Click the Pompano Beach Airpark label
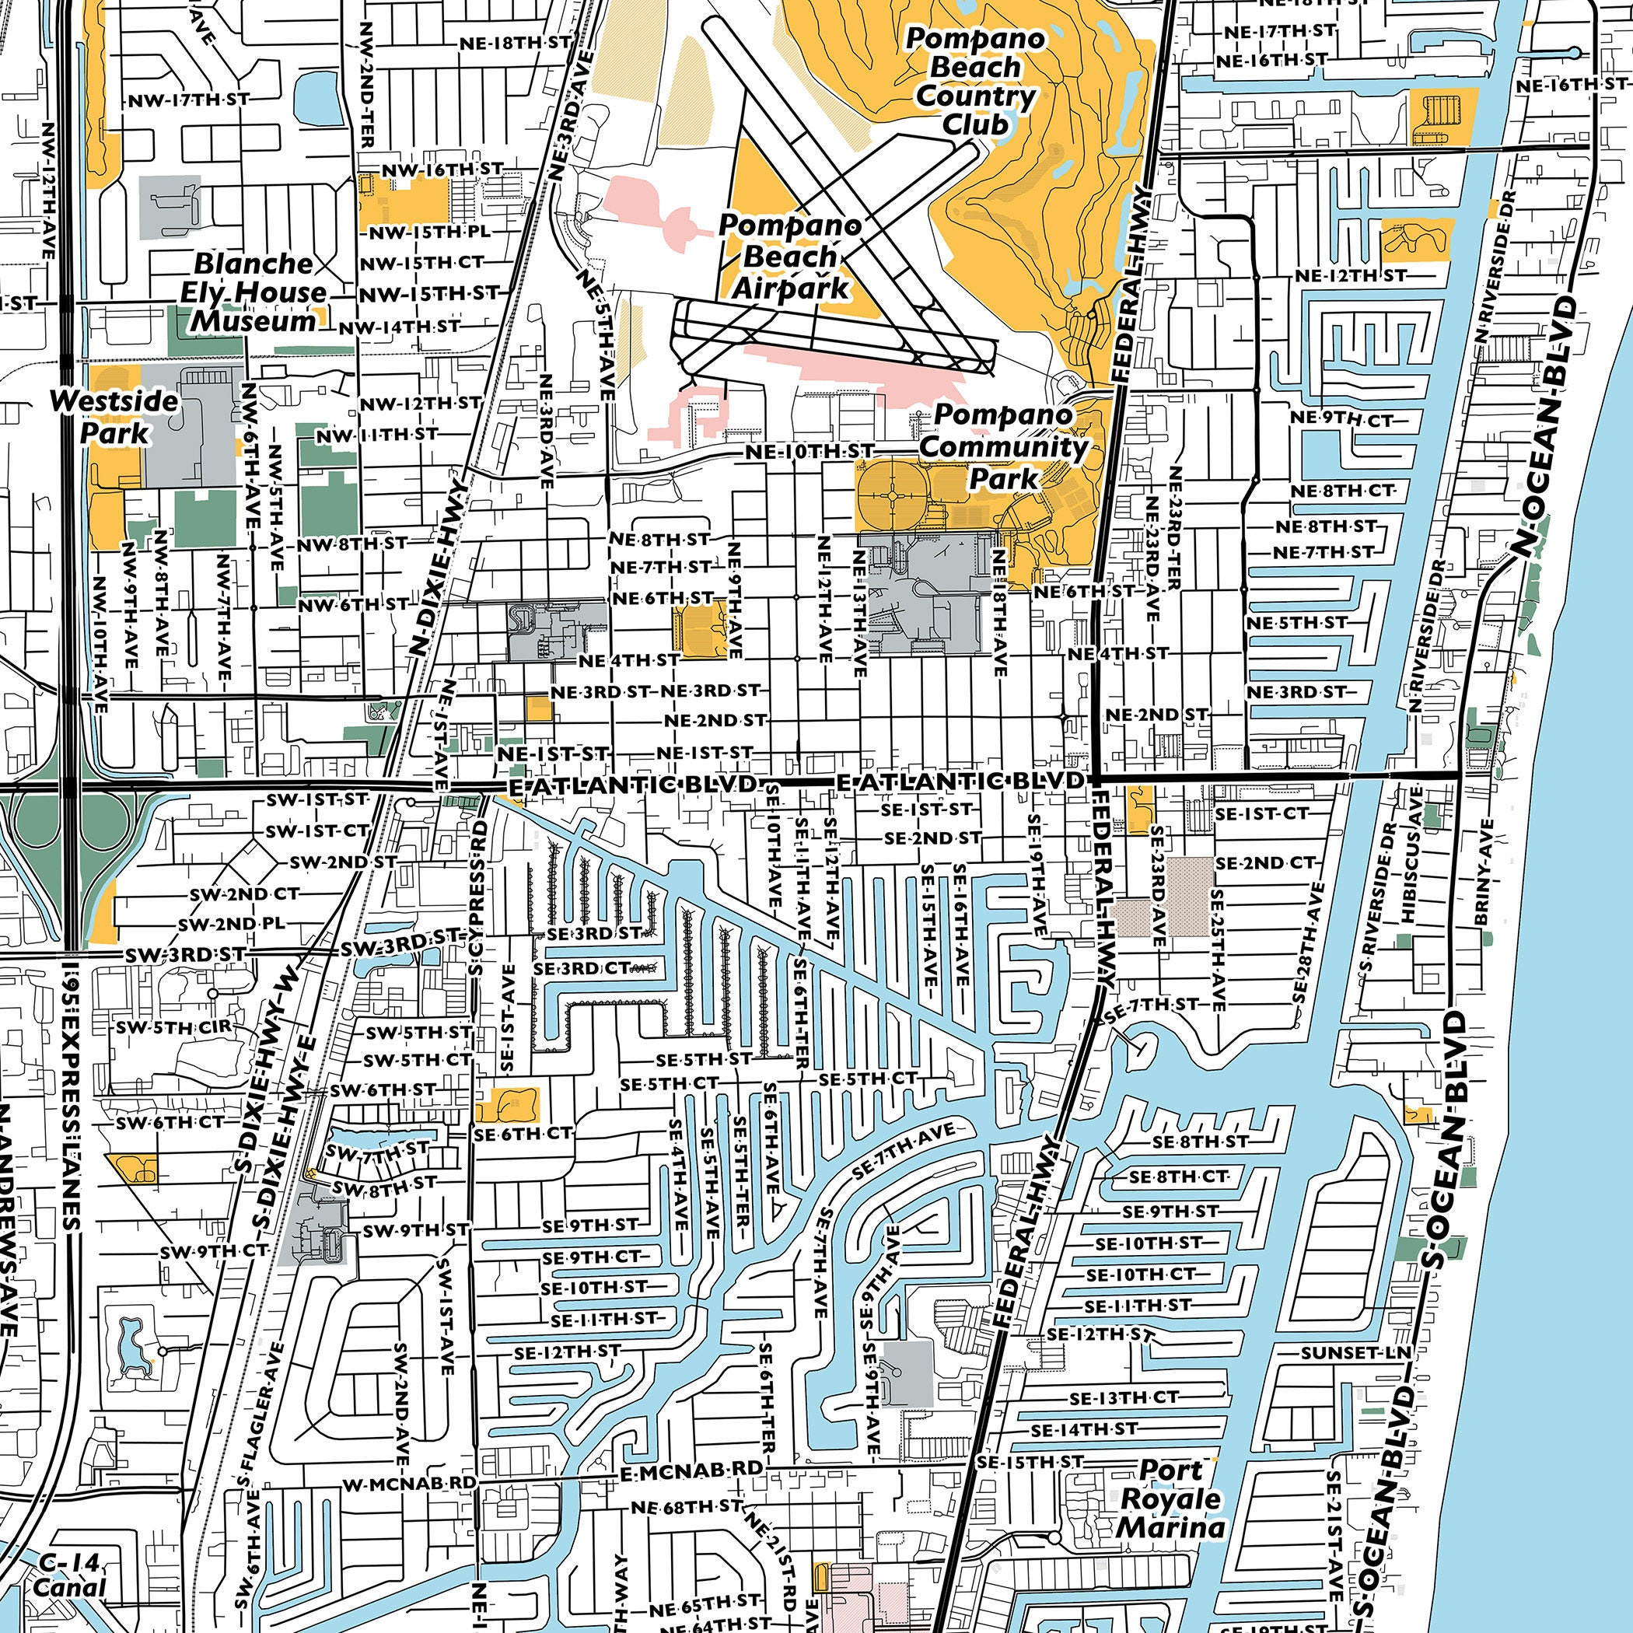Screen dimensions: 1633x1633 (789, 257)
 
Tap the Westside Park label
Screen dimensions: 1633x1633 (114, 416)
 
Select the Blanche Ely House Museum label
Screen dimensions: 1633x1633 (253, 292)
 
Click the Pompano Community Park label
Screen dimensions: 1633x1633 (1003, 446)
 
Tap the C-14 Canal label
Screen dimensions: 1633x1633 (70, 1575)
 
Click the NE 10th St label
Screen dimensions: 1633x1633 (808, 453)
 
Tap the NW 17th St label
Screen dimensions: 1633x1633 (187, 100)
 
